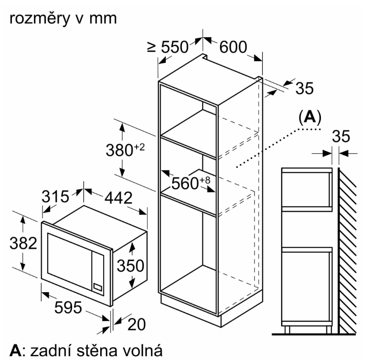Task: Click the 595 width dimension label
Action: [x=68, y=307]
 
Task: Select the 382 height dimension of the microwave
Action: [x=23, y=243]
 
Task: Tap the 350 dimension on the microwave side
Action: [x=130, y=265]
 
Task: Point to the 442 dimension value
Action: [x=118, y=198]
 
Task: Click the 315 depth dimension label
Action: [x=55, y=197]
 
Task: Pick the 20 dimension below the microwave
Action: [x=137, y=324]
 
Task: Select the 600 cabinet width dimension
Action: [x=233, y=47]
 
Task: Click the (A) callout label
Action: [x=310, y=117]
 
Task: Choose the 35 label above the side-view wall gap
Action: [x=341, y=136]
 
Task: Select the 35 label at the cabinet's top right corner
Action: [x=305, y=88]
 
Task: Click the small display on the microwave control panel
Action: [x=98, y=287]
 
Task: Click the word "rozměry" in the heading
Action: [x=39, y=19]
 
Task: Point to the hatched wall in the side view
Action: [x=348, y=251]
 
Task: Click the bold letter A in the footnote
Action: [x=15, y=351]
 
